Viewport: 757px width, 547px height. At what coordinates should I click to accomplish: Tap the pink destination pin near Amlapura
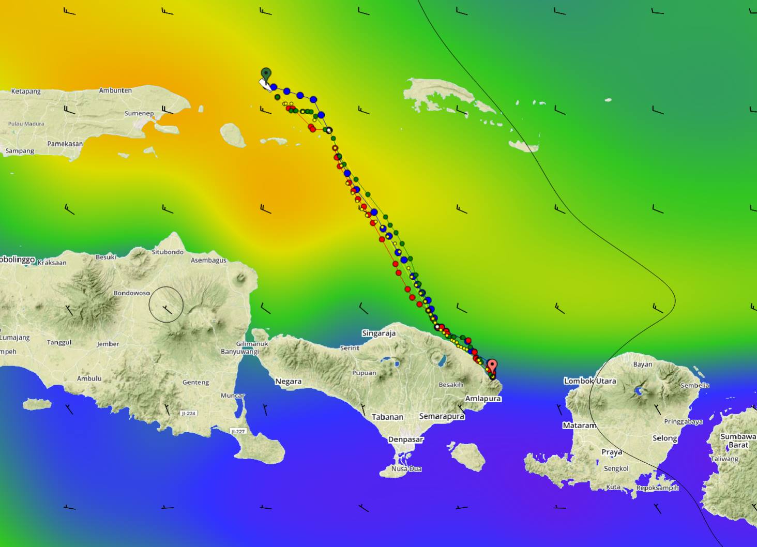coord(492,365)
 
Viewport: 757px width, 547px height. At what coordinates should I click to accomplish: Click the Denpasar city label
coord(406,439)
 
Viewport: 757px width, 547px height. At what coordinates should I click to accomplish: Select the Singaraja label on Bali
coord(379,333)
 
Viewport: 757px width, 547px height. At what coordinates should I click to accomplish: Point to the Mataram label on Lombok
coord(579,426)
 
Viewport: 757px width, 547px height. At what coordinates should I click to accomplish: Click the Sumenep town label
coord(139,114)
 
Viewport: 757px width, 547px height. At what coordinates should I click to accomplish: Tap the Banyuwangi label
coord(240,352)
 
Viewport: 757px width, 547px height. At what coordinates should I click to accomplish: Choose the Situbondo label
coord(168,252)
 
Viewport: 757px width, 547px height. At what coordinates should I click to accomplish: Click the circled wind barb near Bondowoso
coord(166,305)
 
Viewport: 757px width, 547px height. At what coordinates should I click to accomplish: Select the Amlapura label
coord(483,399)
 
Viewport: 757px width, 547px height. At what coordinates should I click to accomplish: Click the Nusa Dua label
coord(406,469)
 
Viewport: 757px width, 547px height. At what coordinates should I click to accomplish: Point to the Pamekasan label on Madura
coord(65,144)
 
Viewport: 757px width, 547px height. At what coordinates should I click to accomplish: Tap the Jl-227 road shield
coord(238,431)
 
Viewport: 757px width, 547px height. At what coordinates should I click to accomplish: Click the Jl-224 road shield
coord(188,413)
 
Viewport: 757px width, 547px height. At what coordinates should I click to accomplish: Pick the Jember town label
coord(108,344)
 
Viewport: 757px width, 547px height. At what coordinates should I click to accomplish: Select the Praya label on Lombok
coord(612,452)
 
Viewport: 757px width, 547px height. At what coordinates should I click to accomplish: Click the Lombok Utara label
coord(590,381)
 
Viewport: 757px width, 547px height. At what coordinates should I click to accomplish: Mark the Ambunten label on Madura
coord(115,90)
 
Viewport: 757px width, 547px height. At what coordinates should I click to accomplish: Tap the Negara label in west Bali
coord(288,382)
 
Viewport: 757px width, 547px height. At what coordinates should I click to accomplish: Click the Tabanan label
coord(387,417)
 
